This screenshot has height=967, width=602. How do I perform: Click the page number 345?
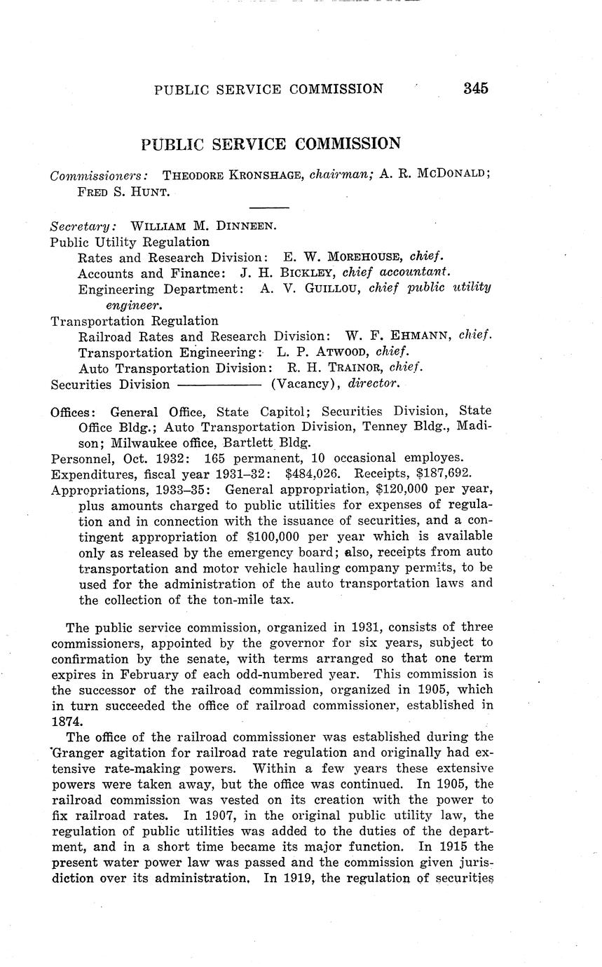pyautogui.click(x=474, y=88)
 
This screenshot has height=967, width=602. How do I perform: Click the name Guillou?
pyautogui.click(x=332, y=288)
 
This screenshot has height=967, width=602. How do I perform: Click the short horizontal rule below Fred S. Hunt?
pyautogui.click(x=269, y=207)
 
